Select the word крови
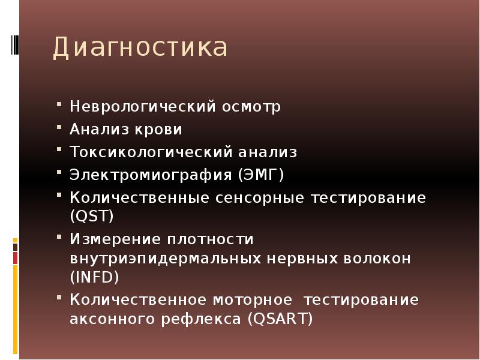tap(159, 129)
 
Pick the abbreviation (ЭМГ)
tap(260, 175)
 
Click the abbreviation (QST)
tap(92, 215)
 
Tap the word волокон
tap(374, 259)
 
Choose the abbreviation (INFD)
tap(95, 277)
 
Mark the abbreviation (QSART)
tap(279, 319)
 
